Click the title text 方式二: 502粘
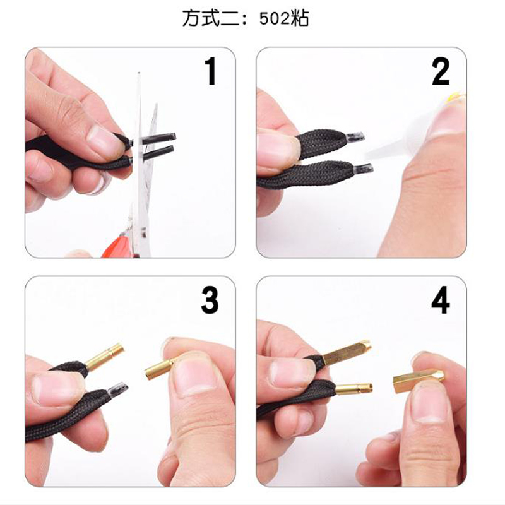tap(246, 19)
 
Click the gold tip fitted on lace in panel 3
tap(104, 358)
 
